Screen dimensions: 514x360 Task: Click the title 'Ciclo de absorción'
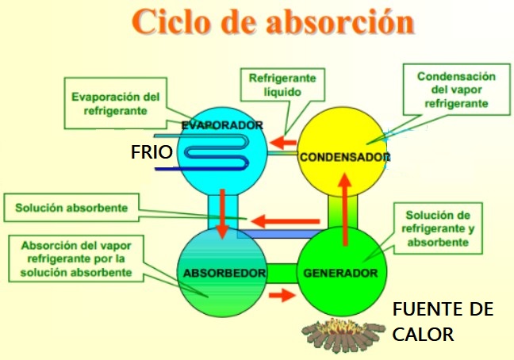click(273, 21)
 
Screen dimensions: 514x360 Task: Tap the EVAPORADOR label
click(222, 125)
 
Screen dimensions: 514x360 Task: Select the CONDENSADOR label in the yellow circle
click(344, 157)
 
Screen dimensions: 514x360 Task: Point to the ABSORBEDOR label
click(224, 273)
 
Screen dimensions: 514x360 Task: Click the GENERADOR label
click(340, 273)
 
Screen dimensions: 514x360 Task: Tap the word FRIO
click(152, 152)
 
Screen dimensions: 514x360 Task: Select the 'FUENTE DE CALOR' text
click(443, 322)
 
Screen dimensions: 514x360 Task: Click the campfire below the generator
click(343, 335)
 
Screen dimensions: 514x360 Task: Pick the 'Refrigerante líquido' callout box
click(282, 85)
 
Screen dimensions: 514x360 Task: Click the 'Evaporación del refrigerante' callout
click(116, 103)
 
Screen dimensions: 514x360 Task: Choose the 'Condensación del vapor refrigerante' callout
click(457, 90)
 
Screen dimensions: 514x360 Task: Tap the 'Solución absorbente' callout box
click(71, 208)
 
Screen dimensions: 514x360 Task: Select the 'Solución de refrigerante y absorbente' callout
click(438, 228)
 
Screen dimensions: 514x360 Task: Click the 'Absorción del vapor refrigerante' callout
click(76, 259)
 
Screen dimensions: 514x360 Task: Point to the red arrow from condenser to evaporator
click(283, 143)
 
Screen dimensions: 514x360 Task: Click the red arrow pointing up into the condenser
click(345, 209)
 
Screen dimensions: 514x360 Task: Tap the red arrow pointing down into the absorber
click(223, 213)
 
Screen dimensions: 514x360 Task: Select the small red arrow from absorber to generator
click(282, 295)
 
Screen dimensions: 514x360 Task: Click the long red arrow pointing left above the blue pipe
click(286, 221)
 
